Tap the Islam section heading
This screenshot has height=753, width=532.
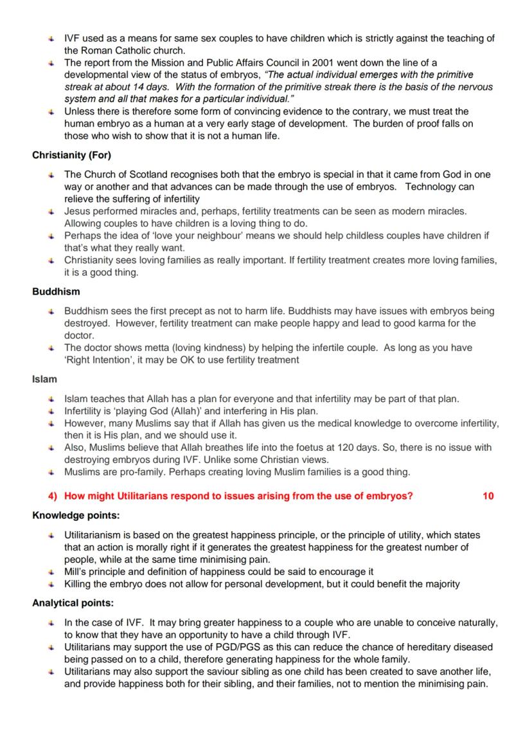point(44,379)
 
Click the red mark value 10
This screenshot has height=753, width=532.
point(488,496)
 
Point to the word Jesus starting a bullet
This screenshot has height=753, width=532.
point(76,211)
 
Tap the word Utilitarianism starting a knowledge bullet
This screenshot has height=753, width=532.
point(94,535)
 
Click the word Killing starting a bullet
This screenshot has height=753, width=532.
point(78,584)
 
